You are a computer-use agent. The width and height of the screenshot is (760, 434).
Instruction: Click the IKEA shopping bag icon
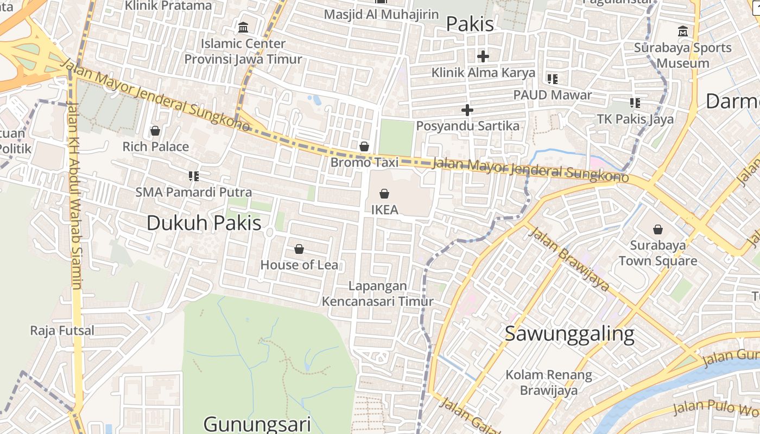[384, 193]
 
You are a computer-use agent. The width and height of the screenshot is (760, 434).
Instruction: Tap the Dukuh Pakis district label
[204, 223]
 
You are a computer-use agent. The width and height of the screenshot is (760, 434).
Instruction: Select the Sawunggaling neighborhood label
[569, 334]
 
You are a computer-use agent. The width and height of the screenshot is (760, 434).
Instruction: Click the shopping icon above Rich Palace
[155, 131]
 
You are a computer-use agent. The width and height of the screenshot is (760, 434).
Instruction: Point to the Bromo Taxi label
[364, 162]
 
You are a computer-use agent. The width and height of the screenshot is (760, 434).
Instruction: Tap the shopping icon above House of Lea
[299, 249]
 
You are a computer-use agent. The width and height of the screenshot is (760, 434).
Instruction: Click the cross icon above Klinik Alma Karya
[483, 56]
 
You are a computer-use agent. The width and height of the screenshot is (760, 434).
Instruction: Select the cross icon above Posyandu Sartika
[467, 110]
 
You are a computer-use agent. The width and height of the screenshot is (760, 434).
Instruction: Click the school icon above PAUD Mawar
[553, 79]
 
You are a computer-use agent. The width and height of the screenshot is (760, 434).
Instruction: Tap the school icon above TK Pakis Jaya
[635, 103]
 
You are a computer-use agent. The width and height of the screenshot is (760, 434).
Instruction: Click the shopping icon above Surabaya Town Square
[658, 229]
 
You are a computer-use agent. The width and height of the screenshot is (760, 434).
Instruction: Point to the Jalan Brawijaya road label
[568, 259]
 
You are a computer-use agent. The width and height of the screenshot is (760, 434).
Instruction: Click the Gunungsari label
[257, 424]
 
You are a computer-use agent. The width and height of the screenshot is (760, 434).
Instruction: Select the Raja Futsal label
[62, 330]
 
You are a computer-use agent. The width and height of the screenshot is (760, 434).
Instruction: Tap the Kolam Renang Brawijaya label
[549, 382]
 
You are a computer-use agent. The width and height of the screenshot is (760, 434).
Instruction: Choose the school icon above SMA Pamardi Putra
[194, 176]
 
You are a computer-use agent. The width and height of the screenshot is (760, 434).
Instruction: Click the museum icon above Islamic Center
[243, 27]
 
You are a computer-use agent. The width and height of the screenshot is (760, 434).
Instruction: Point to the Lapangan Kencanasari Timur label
[378, 293]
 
